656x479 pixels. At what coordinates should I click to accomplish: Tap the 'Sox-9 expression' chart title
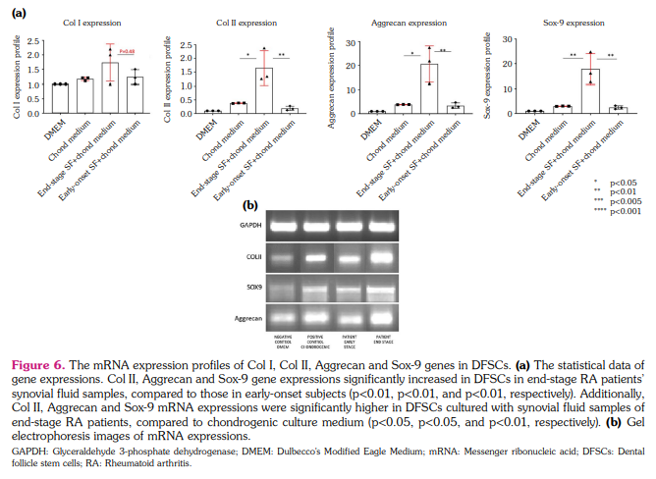click(573, 22)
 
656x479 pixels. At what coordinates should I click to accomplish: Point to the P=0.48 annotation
click(127, 51)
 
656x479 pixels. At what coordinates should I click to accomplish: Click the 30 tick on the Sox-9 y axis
click(505, 39)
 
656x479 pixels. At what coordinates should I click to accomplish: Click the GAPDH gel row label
click(252, 225)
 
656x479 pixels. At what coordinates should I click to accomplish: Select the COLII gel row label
click(252, 257)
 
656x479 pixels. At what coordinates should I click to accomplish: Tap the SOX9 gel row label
click(252, 288)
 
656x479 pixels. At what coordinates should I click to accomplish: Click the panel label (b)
click(250, 204)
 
